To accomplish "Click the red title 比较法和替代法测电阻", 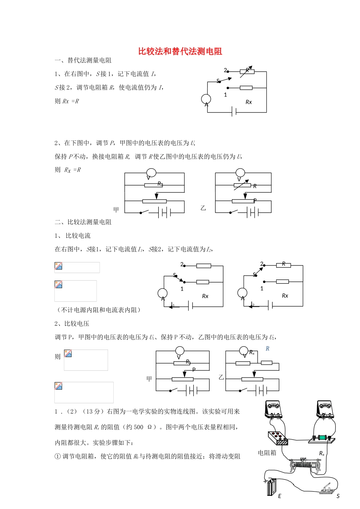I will (180, 52).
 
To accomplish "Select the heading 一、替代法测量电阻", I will (83, 60).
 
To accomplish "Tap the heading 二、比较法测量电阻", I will (83, 222).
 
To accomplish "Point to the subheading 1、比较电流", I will (73, 236).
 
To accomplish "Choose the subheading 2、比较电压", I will (72, 323).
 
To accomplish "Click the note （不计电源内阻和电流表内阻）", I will (99, 310).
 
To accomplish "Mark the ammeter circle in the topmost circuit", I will (206, 99).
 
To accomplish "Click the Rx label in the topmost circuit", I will (249, 102).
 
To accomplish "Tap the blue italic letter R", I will (268, 348).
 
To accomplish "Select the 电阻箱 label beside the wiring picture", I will (267, 453).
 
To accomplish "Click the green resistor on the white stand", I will (322, 437).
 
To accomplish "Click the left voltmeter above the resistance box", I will (274, 409).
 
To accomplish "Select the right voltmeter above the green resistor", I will (325, 409).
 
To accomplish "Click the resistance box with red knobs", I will (278, 438).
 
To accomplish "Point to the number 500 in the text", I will (139, 427).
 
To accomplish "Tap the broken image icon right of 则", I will (68, 353).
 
